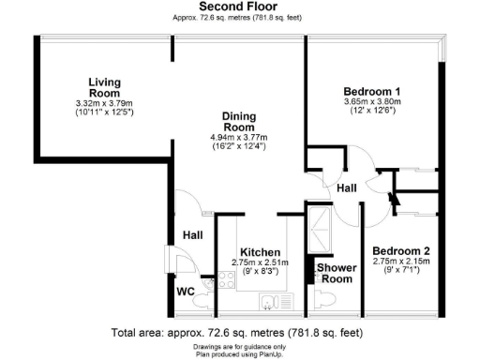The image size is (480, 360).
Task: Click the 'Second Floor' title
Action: point(238,7)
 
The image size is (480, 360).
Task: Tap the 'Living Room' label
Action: point(104,86)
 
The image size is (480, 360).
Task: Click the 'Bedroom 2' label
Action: point(401,250)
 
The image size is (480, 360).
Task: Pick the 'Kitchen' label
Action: point(259,253)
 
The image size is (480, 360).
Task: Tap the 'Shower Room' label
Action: point(334,273)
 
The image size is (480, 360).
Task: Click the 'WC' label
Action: point(186,291)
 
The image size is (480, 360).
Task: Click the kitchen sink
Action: point(271,302)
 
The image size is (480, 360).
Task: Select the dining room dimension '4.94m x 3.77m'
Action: point(238,138)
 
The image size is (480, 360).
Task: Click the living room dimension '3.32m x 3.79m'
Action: point(104,103)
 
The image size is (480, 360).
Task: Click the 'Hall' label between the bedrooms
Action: point(347,188)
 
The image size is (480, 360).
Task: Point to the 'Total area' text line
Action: point(236,333)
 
